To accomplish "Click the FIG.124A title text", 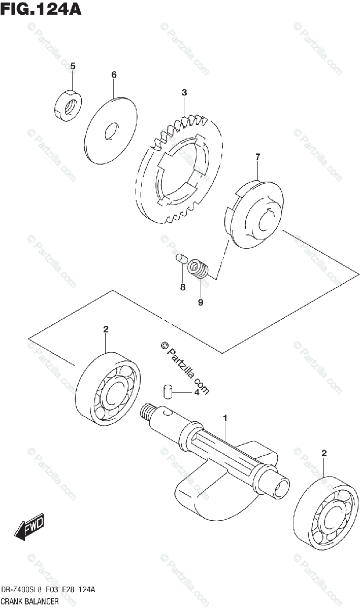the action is pyautogui.click(x=41, y=10).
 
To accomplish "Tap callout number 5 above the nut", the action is pyautogui.click(x=73, y=66).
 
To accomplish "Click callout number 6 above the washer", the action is pyautogui.click(x=114, y=75).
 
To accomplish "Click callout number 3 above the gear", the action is pyautogui.click(x=185, y=92).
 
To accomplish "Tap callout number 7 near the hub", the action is pyautogui.click(x=257, y=157).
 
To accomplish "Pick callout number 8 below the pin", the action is pyautogui.click(x=183, y=287).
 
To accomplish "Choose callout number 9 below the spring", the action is pyautogui.click(x=201, y=302).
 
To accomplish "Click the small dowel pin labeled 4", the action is pyautogui.click(x=168, y=391).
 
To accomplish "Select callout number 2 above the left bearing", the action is pyautogui.click(x=106, y=330).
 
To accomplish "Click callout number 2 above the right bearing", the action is pyautogui.click(x=324, y=453).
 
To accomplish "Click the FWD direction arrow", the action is pyautogui.click(x=29, y=526).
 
